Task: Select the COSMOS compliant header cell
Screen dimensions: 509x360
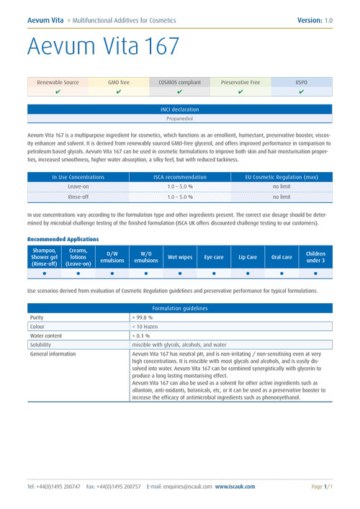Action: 179,83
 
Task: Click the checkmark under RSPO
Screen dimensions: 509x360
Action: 302,92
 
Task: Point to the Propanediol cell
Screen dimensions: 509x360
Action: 179,118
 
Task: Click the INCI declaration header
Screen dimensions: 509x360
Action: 179,109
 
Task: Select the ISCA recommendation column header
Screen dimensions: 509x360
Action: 179,176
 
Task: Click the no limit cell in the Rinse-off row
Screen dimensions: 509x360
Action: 282,196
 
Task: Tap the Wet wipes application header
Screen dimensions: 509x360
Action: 179,256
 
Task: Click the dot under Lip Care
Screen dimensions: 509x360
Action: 247,274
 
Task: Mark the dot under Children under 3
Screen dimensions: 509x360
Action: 315,274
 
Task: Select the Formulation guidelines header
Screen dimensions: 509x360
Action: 179,307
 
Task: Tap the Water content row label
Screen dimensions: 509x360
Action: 47,335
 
